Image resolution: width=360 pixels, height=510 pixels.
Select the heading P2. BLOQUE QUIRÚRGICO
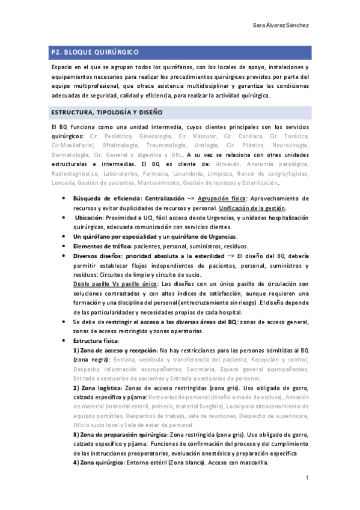[95, 54]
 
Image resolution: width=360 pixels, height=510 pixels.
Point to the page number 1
[307, 479]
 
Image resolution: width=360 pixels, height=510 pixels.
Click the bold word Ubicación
[90, 218]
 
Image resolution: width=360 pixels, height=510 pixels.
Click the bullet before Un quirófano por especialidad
[64, 236]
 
